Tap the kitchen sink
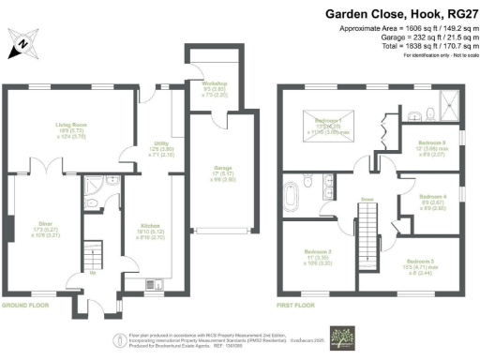pos(153,284)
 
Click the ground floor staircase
pos(92,255)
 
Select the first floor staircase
pos(368,231)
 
